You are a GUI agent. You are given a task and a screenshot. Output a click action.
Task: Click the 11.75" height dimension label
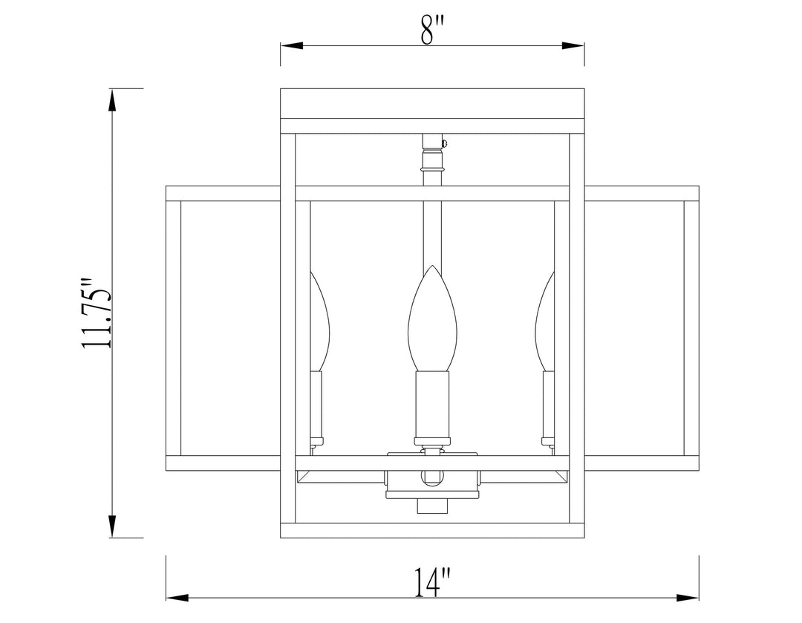[97, 313]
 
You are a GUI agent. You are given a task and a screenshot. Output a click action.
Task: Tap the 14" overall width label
[432, 581]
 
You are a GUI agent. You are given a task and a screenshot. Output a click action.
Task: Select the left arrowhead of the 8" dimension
[291, 45]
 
